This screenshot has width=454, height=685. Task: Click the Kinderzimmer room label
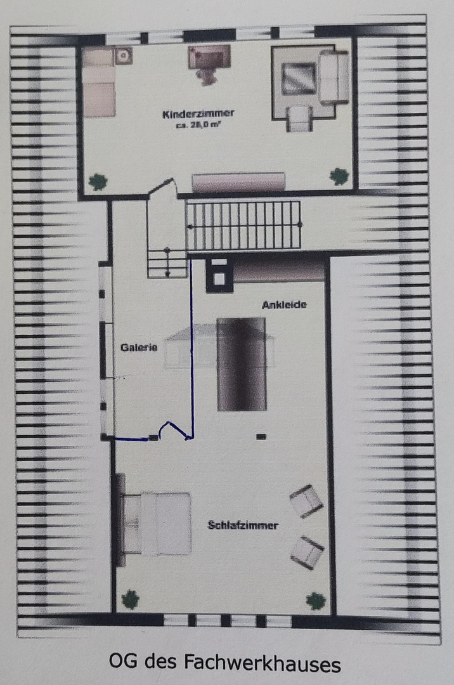[198, 114]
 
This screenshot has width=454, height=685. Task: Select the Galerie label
[139, 348]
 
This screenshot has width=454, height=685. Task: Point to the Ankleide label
[284, 305]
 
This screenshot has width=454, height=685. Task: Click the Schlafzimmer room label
[243, 525]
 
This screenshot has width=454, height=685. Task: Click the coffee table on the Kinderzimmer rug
[299, 79]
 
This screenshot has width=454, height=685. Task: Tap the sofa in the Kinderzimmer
[334, 77]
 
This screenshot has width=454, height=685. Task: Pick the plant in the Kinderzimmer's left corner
[98, 181]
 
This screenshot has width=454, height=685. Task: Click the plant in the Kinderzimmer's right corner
[339, 176]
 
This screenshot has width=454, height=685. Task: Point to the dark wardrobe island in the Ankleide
[242, 364]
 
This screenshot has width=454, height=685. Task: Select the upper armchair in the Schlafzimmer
[306, 500]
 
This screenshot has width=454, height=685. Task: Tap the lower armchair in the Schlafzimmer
[308, 552]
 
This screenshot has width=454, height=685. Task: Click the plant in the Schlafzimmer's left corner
[130, 599]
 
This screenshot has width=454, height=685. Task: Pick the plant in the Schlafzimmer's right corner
[316, 601]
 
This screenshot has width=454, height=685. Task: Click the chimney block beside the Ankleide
[219, 275]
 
